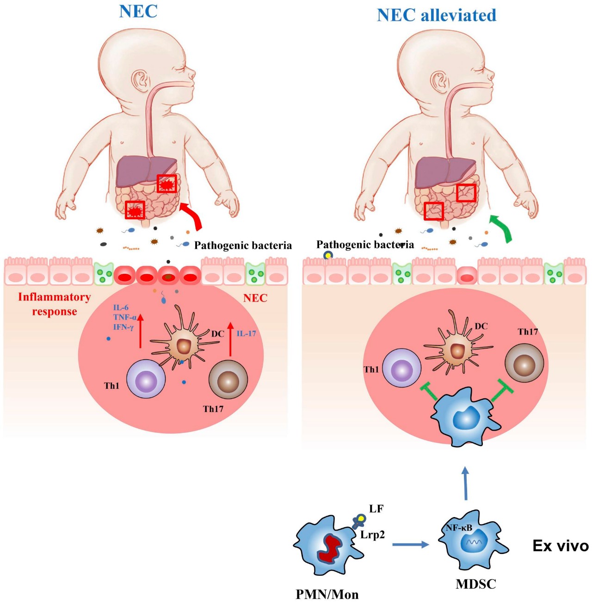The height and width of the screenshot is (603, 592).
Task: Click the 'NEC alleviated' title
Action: tap(437, 15)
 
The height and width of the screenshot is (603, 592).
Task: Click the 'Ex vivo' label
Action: tap(561, 547)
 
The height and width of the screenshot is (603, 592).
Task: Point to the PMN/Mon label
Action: tap(327, 594)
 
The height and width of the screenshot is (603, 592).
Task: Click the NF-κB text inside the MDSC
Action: tap(459, 528)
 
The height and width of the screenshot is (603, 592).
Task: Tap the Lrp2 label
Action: tap(372, 535)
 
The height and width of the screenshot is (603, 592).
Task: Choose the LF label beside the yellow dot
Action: tap(376, 509)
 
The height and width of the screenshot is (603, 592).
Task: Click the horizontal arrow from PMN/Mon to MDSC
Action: tap(410, 545)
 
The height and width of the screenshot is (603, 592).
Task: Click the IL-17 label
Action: tap(246, 333)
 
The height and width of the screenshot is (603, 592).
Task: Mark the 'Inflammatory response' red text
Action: tap(55, 304)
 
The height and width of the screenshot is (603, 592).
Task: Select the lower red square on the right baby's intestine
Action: tap(434, 211)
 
